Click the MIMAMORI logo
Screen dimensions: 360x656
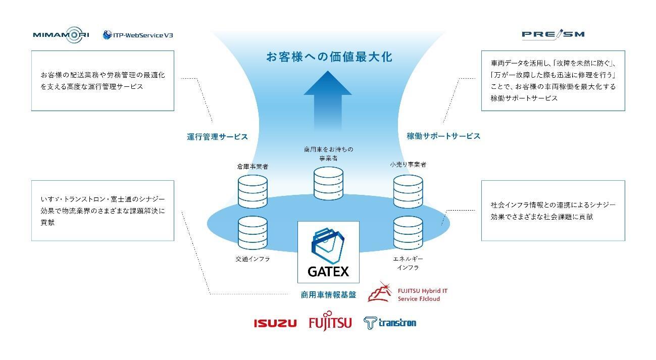(61, 35)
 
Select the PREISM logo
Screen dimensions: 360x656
(553, 34)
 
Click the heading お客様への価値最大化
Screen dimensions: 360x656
(329, 57)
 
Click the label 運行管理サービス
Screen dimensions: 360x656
(217, 136)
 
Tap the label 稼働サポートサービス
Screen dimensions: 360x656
(443, 136)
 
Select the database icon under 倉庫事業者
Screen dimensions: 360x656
(252, 191)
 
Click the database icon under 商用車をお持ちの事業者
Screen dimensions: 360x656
(328, 183)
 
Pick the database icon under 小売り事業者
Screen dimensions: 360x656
(408, 191)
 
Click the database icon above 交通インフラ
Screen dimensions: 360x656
(252, 233)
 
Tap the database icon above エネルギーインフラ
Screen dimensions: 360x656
(408, 233)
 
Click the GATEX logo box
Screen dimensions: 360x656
(328, 251)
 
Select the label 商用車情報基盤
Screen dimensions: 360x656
(328, 295)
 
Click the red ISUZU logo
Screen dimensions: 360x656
(275, 323)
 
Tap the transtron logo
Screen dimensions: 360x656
(390, 323)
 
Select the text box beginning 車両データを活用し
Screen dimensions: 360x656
(553, 81)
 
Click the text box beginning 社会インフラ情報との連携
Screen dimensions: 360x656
(553, 211)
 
